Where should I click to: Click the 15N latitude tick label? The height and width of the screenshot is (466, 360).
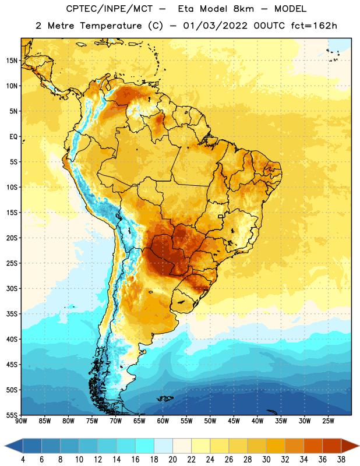12,61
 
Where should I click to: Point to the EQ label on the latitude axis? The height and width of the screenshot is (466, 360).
13,137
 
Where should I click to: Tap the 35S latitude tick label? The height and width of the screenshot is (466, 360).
12,314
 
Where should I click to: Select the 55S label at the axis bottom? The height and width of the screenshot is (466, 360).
12,415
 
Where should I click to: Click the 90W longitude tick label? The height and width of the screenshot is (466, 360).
21,421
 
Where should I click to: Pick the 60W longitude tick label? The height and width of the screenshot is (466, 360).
163,421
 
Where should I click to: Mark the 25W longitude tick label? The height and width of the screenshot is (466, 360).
328,421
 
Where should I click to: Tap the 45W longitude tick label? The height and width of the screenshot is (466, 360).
234,421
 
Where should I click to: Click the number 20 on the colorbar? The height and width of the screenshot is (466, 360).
172,460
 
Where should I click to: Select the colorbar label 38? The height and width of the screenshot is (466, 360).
341,460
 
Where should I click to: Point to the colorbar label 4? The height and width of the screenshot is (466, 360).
23,460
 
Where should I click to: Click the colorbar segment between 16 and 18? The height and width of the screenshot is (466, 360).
145,446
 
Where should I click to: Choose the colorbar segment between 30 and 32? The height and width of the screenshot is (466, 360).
276,446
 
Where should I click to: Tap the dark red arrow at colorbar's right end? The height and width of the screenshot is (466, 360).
350,446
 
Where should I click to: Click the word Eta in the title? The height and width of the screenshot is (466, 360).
186,9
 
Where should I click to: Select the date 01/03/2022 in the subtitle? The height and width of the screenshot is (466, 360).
215,26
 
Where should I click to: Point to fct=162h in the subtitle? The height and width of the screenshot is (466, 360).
314,26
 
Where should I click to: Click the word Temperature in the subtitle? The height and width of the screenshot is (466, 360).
111,26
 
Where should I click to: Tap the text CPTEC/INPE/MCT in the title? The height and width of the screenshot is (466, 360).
110,9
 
